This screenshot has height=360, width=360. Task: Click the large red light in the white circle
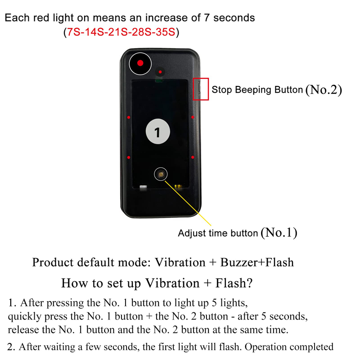pos(140,63)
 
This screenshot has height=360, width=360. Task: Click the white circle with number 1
pos(158,131)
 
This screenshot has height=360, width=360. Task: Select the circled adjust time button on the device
pos(161,174)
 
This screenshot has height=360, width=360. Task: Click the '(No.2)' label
pos(324,90)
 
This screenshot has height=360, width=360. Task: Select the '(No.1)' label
pos(279,233)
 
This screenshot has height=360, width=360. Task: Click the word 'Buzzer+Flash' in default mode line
pos(257,262)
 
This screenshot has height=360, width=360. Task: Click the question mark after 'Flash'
pos(250,283)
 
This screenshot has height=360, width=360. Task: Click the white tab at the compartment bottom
pos(143,187)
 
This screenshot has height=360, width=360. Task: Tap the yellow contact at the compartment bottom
pos(178,186)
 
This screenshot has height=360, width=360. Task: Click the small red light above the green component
pos(160,72)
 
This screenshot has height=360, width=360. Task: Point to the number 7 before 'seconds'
pos(207,18)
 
